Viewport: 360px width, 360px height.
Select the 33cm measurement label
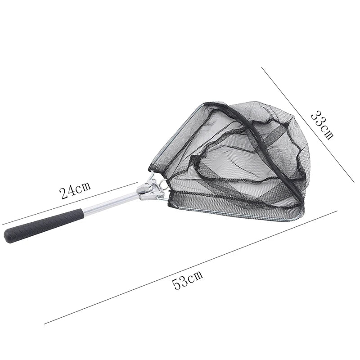tap(322, 125)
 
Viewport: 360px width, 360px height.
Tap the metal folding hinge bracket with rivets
tap(150, 189)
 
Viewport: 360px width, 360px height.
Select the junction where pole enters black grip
tap(84, 211)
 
